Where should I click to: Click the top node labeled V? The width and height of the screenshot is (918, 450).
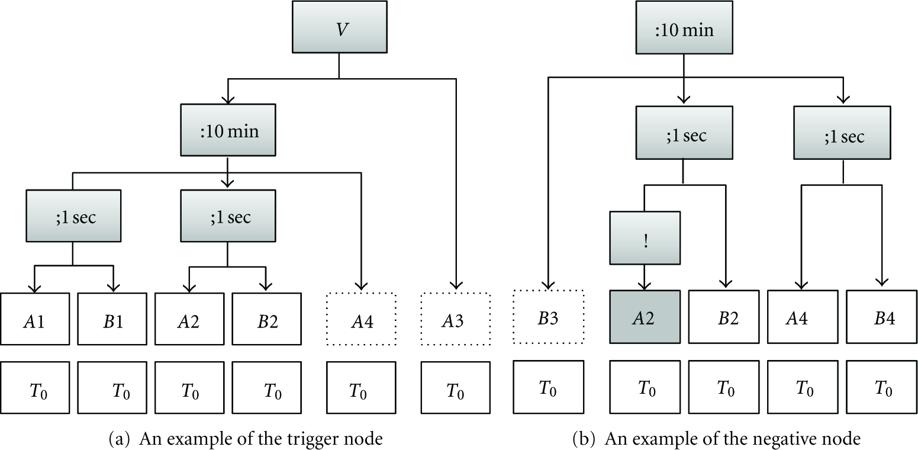(339, 27)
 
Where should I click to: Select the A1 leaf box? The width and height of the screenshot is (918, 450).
(35, 319)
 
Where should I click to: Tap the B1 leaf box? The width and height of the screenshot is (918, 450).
(112, 319)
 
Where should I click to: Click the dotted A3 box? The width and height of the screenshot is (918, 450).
(455, 319)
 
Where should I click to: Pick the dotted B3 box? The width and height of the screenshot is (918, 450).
(548, 316)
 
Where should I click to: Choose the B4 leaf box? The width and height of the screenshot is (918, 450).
(881, 316)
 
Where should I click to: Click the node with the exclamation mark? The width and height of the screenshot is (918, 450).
(645, 237)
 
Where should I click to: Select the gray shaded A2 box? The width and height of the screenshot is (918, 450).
(645, 316)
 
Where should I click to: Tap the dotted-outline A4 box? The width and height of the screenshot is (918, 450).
(361, 319)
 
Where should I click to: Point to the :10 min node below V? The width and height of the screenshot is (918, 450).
(228, 130)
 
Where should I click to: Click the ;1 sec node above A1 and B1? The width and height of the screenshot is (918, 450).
(73, 216)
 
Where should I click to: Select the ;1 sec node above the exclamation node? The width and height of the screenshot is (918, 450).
(684, 133)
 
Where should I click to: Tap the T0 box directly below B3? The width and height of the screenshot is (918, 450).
(548, 387)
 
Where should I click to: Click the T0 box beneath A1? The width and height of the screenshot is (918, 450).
(35, 387)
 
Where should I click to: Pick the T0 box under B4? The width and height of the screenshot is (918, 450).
(881, 387)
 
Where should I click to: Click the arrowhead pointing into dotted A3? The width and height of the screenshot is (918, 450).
(456, 285)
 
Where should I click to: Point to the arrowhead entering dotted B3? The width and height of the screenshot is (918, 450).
(548, 285)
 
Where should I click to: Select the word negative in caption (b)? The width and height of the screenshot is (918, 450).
(758, 439)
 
